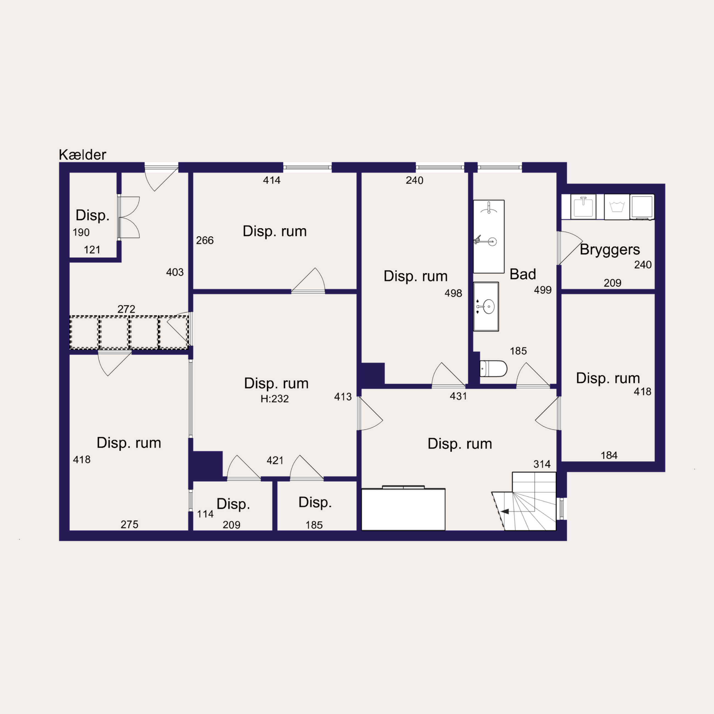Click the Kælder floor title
(82, 155)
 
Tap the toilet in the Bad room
(493, 369)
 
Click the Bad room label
(523, 274)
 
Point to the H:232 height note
(275, 399)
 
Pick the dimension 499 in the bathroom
(543, 290)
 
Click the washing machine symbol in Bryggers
(617, 207)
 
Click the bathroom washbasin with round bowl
(486, 307)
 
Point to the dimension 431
(458, 397)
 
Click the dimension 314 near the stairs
(542, 464)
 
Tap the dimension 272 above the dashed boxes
(126, 309)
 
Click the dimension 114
(205, 514)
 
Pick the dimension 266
(205, 241)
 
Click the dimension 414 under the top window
(272, 180)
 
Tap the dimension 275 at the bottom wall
(129, 525)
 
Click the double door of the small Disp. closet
(129, 217)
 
